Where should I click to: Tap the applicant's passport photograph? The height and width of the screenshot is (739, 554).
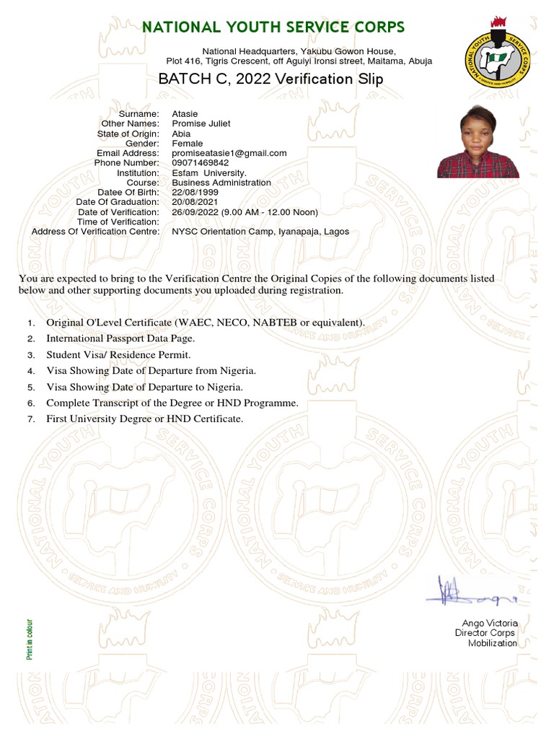pyautogui.click(x=478, y=143)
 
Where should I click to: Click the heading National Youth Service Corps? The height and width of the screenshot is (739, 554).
pyautogui.click(x=273, y=27)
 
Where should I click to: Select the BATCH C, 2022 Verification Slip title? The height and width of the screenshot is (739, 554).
pyautogui.click(x=271, y=79)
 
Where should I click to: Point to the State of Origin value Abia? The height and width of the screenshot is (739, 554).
pyautogui.click(x=181, y=134)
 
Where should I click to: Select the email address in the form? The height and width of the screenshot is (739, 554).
pyautogui.click(x=229, y=153)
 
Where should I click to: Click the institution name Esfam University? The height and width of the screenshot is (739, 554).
pyautogui.click(x=209, y=173)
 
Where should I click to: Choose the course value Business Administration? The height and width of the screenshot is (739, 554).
pyautogui.click(x=221, y=183)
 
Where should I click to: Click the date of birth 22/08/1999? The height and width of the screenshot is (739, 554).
pyautogui.click(x=193, y=193)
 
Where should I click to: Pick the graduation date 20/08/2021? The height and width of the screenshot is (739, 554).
pyautogui.click(x=193, y=203)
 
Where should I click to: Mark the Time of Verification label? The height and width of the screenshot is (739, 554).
pyautogui.click(x=118, y=222)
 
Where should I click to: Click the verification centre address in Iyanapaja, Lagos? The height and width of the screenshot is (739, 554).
pyautogui.click(x=260, y=232)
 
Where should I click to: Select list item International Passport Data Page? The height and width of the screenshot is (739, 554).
pyautogui.click(x=120, y=338)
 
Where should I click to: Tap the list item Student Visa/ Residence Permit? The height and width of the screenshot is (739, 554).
pyautogui.click(x=118, y=355)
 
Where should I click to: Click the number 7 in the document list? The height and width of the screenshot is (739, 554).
pyautogui.click(x=31, y=419)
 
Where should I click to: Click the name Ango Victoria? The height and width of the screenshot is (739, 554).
pyautogui.click(x=490, y=623)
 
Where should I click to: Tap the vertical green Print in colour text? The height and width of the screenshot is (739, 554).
pyautogui.click(x=30, y=639)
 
